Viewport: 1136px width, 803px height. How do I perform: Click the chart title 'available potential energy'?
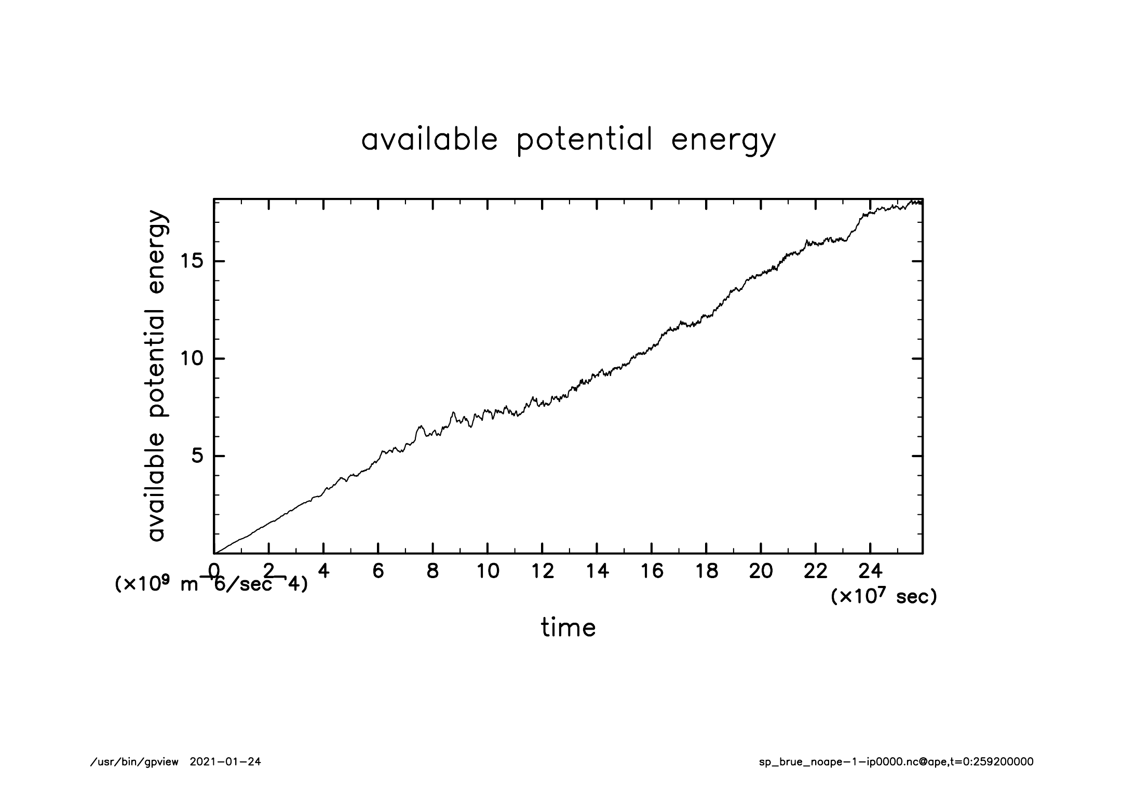568,140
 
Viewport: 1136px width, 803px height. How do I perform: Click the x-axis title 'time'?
568,628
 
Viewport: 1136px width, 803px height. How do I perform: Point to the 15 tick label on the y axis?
190,261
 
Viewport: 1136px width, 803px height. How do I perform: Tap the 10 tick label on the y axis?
190,359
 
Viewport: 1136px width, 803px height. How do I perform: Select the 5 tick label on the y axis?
197,457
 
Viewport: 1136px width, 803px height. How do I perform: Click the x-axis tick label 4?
323,571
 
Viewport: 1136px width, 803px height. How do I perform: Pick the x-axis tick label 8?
432,571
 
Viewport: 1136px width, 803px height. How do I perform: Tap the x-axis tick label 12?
542,571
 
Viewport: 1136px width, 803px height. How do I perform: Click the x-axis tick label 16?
652,571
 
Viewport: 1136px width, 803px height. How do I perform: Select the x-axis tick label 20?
761,571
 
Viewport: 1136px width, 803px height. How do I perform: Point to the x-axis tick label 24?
870,571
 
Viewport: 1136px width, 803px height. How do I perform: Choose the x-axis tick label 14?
597,571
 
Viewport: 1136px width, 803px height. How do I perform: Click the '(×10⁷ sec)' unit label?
884,597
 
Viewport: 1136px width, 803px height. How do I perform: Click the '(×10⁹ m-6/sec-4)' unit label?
211,584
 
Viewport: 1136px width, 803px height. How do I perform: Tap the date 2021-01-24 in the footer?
225,762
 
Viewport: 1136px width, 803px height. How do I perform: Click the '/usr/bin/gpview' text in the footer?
134,762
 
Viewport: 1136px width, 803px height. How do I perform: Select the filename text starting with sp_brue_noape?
896,762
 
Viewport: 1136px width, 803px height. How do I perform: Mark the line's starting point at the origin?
214,553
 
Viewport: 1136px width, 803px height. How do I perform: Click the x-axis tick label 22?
815,571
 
